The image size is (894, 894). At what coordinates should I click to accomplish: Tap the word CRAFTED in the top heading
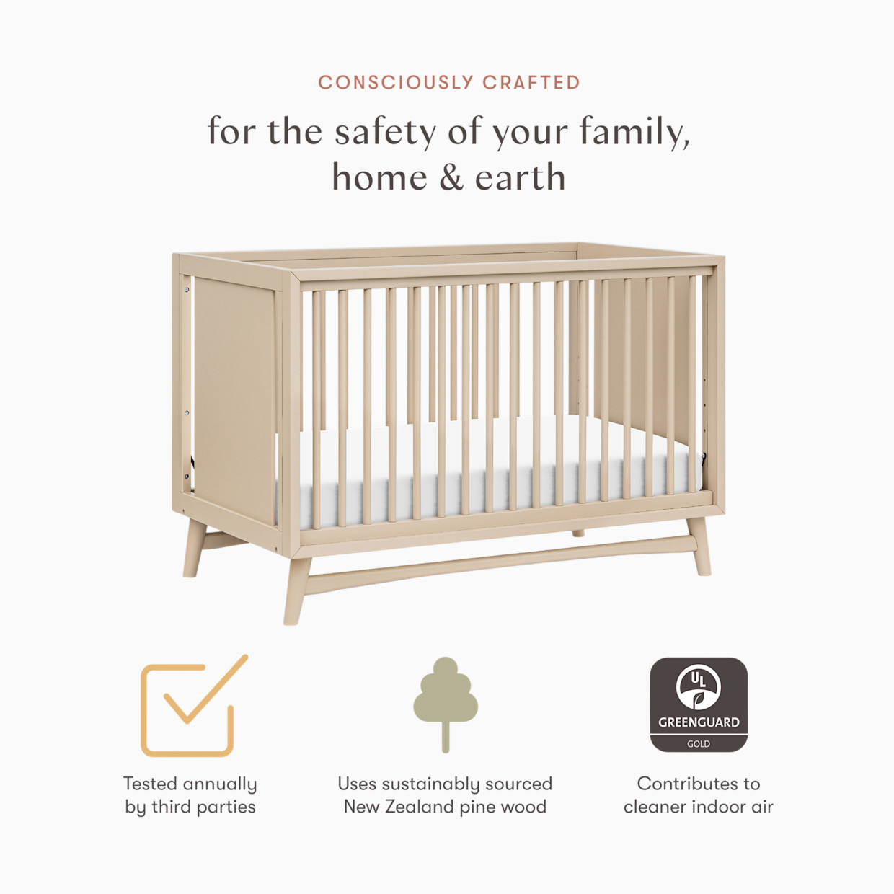pos(531,83)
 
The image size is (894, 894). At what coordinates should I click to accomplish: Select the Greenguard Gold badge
pos(699,704)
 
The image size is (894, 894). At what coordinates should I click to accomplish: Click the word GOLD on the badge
pos(699,743)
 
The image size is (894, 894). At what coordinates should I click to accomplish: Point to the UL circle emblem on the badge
pos(698,686)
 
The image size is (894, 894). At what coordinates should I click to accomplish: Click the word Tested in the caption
pos(150,784)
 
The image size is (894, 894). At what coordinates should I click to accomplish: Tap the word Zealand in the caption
pos(419,807)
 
